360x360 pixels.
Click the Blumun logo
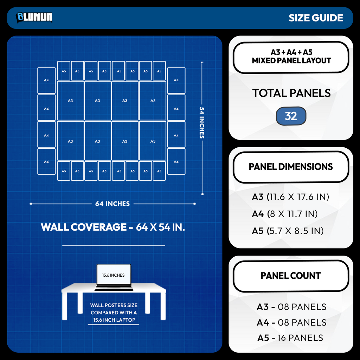[34, 18]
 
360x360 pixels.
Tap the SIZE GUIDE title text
[316, 18]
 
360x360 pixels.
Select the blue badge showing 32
[291, 116]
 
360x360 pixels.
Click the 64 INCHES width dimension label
[112, 204]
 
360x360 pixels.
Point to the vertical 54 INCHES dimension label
[201, 123]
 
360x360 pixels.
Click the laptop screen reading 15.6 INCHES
[114, 275]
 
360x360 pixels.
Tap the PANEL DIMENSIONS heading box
[291, 167]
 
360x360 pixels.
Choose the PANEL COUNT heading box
[291, 276]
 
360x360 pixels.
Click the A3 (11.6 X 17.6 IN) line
[290, 197]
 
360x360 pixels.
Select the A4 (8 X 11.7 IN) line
[285, 214]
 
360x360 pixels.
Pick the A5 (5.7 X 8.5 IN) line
[288, 231]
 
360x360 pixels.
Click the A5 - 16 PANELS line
[290, 338]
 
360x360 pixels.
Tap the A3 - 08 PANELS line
[291, 307]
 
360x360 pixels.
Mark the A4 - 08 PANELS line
[291, 323]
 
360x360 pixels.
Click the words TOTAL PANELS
[291, 93]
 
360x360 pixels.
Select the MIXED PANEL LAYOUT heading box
[291, 57]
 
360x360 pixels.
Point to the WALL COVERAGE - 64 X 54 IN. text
[113, 227]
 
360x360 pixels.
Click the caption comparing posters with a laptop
[114, 313]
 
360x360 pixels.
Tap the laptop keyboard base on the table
[114, 288]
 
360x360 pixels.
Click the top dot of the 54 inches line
[202, 62]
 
